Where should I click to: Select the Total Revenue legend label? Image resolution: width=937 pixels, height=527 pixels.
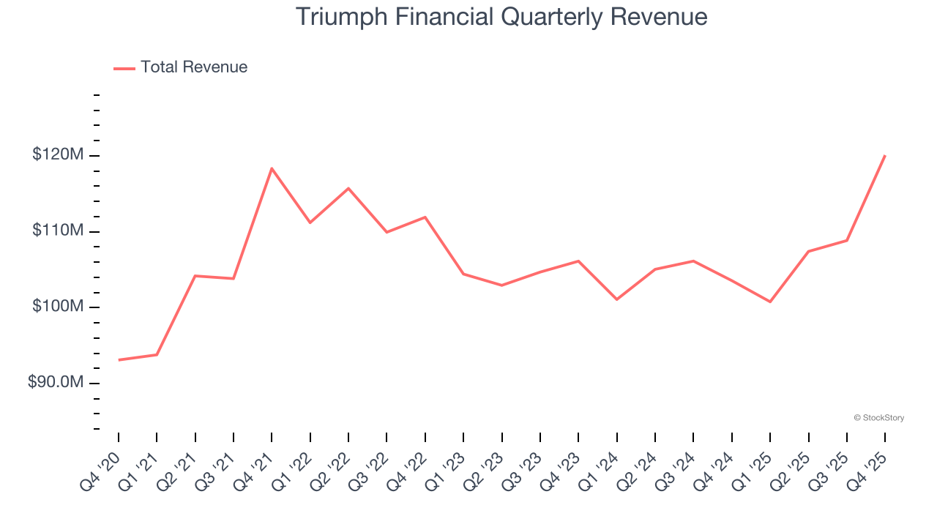(194, 67)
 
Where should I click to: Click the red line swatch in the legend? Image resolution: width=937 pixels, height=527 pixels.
(124, 68)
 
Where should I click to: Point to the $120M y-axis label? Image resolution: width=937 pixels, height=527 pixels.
(58, 155)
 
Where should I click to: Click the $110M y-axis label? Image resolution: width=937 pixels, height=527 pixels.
(58, 231)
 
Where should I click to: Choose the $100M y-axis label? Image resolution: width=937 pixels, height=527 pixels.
(58, 307)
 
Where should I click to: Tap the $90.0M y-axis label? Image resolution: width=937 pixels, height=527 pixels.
(56, 383)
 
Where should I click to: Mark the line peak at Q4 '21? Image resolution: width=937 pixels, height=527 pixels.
(272, 168)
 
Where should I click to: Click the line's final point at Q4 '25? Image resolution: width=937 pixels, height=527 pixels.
(885, 155)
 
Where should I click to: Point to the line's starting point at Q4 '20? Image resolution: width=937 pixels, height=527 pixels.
(119, 360)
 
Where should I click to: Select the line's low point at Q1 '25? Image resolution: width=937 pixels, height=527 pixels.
(770, 302)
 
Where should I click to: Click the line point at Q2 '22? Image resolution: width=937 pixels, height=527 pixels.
(348, 188)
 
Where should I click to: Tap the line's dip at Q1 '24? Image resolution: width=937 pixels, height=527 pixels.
(617, 299)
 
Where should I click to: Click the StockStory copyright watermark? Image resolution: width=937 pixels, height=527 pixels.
(878, 418)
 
